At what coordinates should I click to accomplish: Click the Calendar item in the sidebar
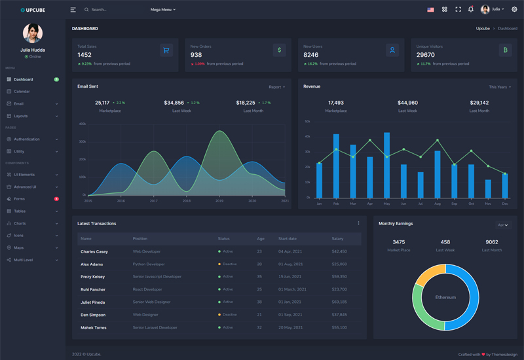coord(22,92)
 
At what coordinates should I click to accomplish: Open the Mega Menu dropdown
coord(162,10)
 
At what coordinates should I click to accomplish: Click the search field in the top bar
coord(111,10)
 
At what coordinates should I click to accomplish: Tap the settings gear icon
coord(514,10)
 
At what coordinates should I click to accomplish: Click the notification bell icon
coord(470,10)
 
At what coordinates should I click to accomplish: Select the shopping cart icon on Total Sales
coord(166,50)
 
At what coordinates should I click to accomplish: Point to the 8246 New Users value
coord(311,55)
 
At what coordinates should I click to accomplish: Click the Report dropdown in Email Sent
coord(276,87)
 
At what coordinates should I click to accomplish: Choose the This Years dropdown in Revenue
coord(499,87)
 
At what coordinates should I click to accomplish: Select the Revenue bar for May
coord(386,165)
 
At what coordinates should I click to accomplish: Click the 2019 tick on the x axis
coord(219,201)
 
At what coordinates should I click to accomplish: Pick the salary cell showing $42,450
coord(339,251)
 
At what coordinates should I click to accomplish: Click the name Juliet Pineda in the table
coord(92,302)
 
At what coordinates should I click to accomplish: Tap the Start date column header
coord(288,239)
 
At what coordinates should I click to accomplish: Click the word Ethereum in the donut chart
coord(445,297)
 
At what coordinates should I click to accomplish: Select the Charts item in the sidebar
coord(20,223)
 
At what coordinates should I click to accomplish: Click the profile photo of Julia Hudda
coord(33,33)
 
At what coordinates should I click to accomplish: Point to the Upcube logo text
coord(35,10)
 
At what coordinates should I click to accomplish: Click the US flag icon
coord(430,10)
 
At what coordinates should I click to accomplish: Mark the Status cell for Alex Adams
coord(227,264)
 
